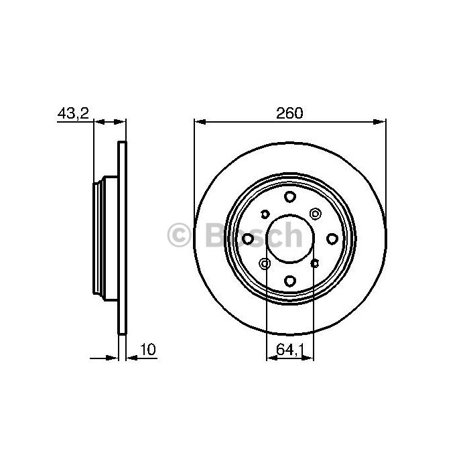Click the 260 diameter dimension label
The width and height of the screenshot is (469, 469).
(289, 113)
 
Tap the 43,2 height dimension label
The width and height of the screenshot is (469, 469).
(73, 113)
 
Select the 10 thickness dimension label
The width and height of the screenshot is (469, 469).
(148, 349)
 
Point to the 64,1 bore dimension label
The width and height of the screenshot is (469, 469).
(290, 350)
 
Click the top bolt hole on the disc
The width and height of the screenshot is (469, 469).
(290, 196)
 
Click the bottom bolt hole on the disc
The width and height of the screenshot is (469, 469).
(290, 281)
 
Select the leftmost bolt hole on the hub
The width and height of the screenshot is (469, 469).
(248, 239)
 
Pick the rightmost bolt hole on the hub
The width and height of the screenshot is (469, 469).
(332, 239)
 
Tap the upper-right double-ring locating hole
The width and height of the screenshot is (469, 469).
(315, 214)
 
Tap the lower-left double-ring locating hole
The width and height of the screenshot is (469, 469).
(265, 264)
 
